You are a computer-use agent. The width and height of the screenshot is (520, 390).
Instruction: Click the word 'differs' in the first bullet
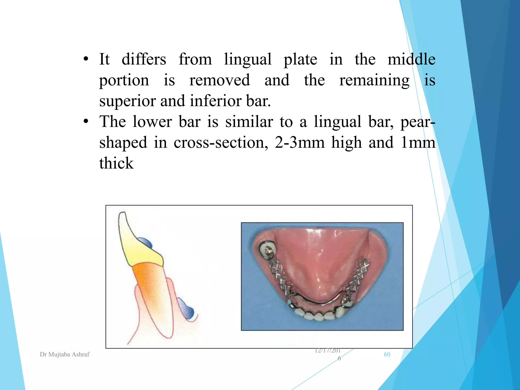tap(144, 59)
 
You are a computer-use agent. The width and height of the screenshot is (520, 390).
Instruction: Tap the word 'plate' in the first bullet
tap(300, 60)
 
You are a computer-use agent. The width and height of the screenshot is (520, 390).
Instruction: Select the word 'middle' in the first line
tap(411, 59)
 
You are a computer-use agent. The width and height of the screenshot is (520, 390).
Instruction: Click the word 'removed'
tap(220, 80)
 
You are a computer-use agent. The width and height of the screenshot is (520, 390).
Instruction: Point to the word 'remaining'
tap(374, 80)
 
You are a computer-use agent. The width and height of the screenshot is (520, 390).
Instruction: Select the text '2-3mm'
tap(300, 142)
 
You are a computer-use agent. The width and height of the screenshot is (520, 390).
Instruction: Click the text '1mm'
tap(418, 142)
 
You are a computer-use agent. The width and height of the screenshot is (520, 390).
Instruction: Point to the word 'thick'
tap(116, 163)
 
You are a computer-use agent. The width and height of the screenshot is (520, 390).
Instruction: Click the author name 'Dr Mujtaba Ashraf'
tap(65, 354)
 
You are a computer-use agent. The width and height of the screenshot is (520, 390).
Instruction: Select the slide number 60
tap(387, 354)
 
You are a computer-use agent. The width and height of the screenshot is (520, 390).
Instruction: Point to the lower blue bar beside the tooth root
tap(186, 308)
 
